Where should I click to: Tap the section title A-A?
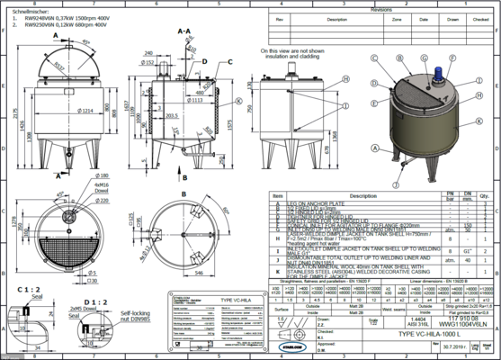(x=184, y=31)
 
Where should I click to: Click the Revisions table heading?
(x=380, y=4)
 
